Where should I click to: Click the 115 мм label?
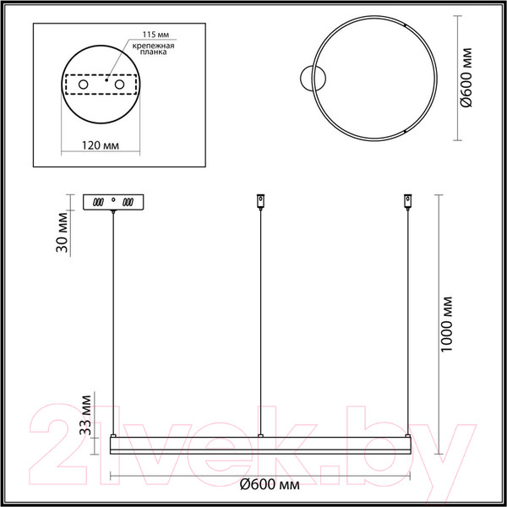click(x=156, y=35)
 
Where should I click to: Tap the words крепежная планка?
click(x=153, y=49)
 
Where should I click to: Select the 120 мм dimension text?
click(x=101, y=145)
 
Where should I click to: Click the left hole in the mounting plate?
click(x=83, y=84)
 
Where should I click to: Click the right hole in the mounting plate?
click(x=119, y=84)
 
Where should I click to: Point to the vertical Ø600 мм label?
click(x=466, y=78)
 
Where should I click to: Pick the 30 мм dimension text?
click(x=62, y=232)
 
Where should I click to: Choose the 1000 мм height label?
click(x=446, y=324)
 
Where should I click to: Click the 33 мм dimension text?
click(x=85, y=415)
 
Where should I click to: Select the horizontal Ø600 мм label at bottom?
click(x=270, y=485)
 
